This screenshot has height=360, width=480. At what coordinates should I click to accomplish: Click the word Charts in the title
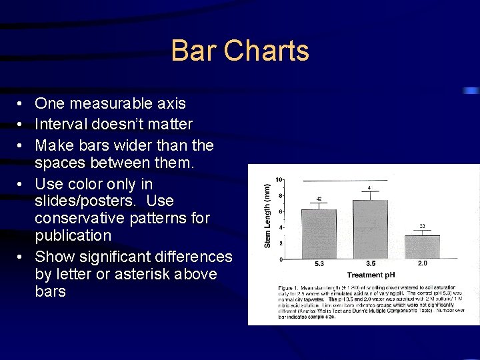click(x=267, y=51)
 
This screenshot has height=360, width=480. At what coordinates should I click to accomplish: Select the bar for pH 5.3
click(x=319, y=233)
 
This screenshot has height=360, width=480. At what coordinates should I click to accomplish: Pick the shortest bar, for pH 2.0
click(x=422, y=246)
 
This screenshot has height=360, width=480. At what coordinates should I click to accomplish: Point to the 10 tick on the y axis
click(x=280, y=180)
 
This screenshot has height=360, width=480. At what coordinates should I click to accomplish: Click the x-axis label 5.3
click(x=319, y=264)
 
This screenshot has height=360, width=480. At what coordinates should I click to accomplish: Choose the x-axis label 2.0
click(x=423, y=264)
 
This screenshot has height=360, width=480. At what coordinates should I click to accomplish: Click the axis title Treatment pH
click(x=371, y=275)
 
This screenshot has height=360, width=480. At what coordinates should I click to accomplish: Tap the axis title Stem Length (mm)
click(x=267, y=216)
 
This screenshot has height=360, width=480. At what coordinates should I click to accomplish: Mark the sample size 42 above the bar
click(x=319, y=199)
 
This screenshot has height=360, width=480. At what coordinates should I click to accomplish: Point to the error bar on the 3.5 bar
click(x=370, y=195)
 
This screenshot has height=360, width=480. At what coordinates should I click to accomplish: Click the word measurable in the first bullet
click(x=107, y=104)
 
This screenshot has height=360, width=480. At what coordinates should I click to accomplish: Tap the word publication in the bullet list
click(x=73, y=235)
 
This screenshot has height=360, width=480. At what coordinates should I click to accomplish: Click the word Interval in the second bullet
click(x=59, y=125)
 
